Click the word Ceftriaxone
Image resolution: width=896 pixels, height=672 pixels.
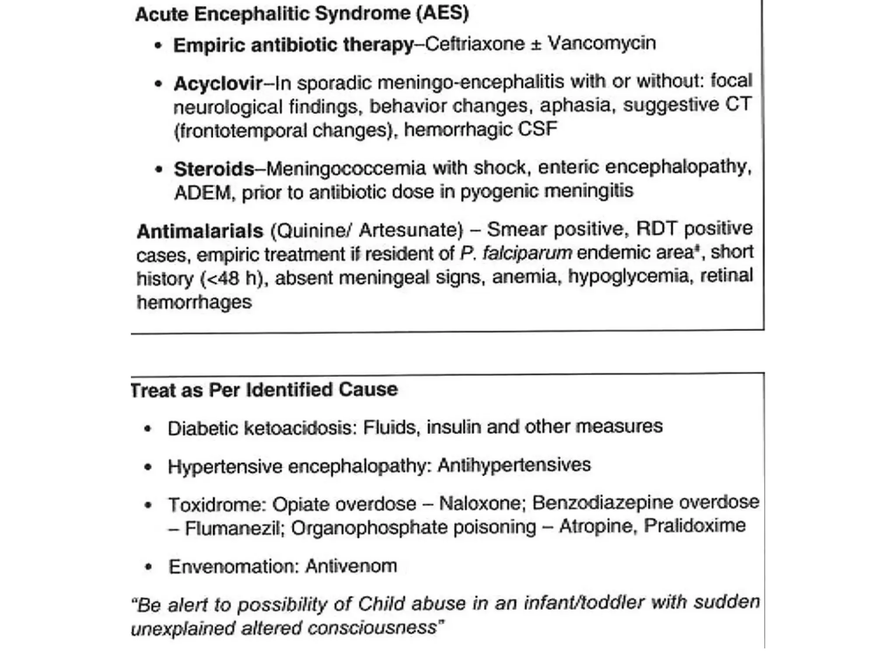[x=474, y=44]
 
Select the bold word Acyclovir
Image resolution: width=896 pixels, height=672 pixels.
[x=218, y=83]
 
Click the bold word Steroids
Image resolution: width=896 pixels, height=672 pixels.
[x=214, y=169]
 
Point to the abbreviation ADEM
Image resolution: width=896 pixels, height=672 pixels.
[x=202, y=193]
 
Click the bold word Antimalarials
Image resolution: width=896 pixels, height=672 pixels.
[x=200, y=231]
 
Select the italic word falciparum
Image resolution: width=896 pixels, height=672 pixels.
[x=527, y=253]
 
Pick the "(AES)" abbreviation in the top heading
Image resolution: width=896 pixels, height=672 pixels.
[x=442, y=13]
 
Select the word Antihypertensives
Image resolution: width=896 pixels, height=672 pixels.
[x=514, y=465]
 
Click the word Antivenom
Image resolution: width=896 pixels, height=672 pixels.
[x=351, y=566]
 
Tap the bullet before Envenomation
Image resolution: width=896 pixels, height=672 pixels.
[x=149, y=567]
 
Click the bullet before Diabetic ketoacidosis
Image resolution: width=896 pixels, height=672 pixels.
[x=148, y=429]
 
